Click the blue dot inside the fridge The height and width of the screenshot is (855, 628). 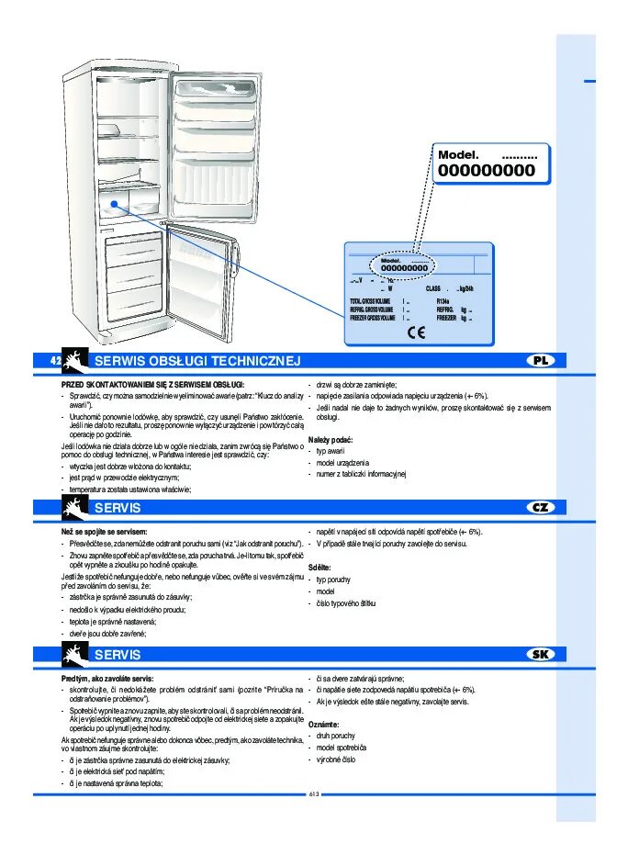(114, 206)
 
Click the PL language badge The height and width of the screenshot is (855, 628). (541, 361)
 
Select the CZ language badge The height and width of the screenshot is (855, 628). (541, 507)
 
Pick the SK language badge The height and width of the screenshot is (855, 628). (541, 654)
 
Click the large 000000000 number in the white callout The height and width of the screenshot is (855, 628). (486, 171)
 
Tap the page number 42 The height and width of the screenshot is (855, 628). (56, 361)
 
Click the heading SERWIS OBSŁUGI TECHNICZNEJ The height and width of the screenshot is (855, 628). (197, 362)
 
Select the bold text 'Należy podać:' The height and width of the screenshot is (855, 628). (331, 440)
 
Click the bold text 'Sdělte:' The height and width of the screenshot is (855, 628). (320, 568)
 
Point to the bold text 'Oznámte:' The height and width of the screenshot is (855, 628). (323, 725)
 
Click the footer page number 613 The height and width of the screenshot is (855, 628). (313, 794)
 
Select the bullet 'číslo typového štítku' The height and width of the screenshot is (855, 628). (346, 603)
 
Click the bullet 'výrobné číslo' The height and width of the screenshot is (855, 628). (336, 759)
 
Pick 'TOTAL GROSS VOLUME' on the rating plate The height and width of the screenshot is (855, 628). (370, 301)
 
